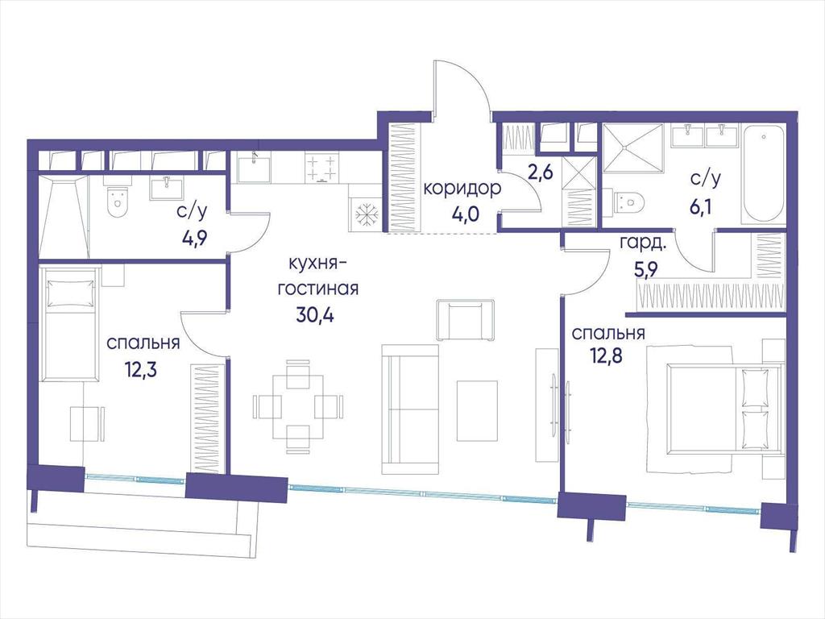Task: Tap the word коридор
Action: [462, 189]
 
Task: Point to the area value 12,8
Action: [606, 357]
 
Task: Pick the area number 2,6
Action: [541, 172]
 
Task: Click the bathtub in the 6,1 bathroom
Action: [764, 173]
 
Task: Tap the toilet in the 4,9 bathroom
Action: [118, 202]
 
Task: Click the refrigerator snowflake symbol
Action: [365, 214]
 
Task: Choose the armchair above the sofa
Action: [466, 320]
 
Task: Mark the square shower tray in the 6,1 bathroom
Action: [632, 148]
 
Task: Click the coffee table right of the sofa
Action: [477, 411]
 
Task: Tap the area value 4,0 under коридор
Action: [465, 214]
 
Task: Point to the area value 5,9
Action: [641, 271]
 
